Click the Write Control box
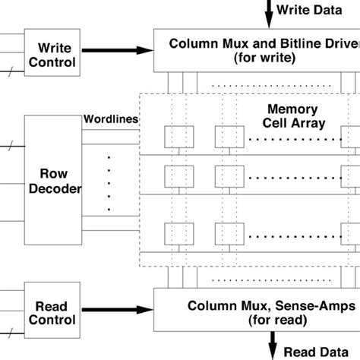pyautogui.click(x=52, y=51)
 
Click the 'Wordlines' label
pyautogui.click(x=109, y=119)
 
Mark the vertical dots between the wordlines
pyautogui.click(x=108, y=182)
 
